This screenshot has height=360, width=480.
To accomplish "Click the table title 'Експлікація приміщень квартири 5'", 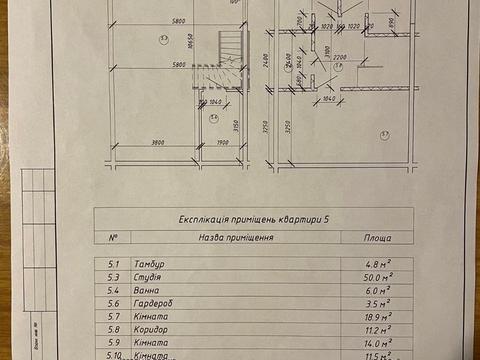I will tap(255, 219).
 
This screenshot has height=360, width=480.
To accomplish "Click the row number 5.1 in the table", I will tap(113, 264).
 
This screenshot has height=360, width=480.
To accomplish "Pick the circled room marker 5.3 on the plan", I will tap(162, 37).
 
